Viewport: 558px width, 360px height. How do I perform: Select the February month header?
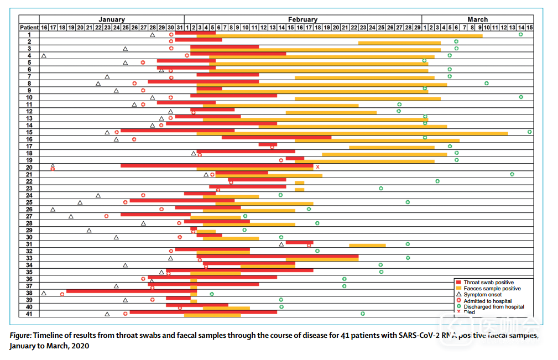pos(303,20)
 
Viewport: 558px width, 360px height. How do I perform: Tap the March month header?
pos(477,20)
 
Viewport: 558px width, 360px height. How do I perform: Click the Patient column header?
pos(29,27)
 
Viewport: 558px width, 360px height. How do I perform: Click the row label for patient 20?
pos(29,167)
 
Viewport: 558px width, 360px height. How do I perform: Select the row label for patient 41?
pos(29,314)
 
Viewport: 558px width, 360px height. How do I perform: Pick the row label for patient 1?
pos(29,34)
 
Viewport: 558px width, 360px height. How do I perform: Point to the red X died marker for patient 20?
pos(317,166)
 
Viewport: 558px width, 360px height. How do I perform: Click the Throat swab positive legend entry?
pos(488,282)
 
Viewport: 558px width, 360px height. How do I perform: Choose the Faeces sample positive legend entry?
pos(492,288)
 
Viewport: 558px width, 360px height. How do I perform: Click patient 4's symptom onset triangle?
pos(44,55)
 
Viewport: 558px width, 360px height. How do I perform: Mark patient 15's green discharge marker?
pos(529,132)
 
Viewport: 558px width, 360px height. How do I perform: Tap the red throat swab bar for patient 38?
pos(128,291)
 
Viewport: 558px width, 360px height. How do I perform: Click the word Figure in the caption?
pos(20,336)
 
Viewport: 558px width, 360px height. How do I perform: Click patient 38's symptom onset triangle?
pos(44,293)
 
